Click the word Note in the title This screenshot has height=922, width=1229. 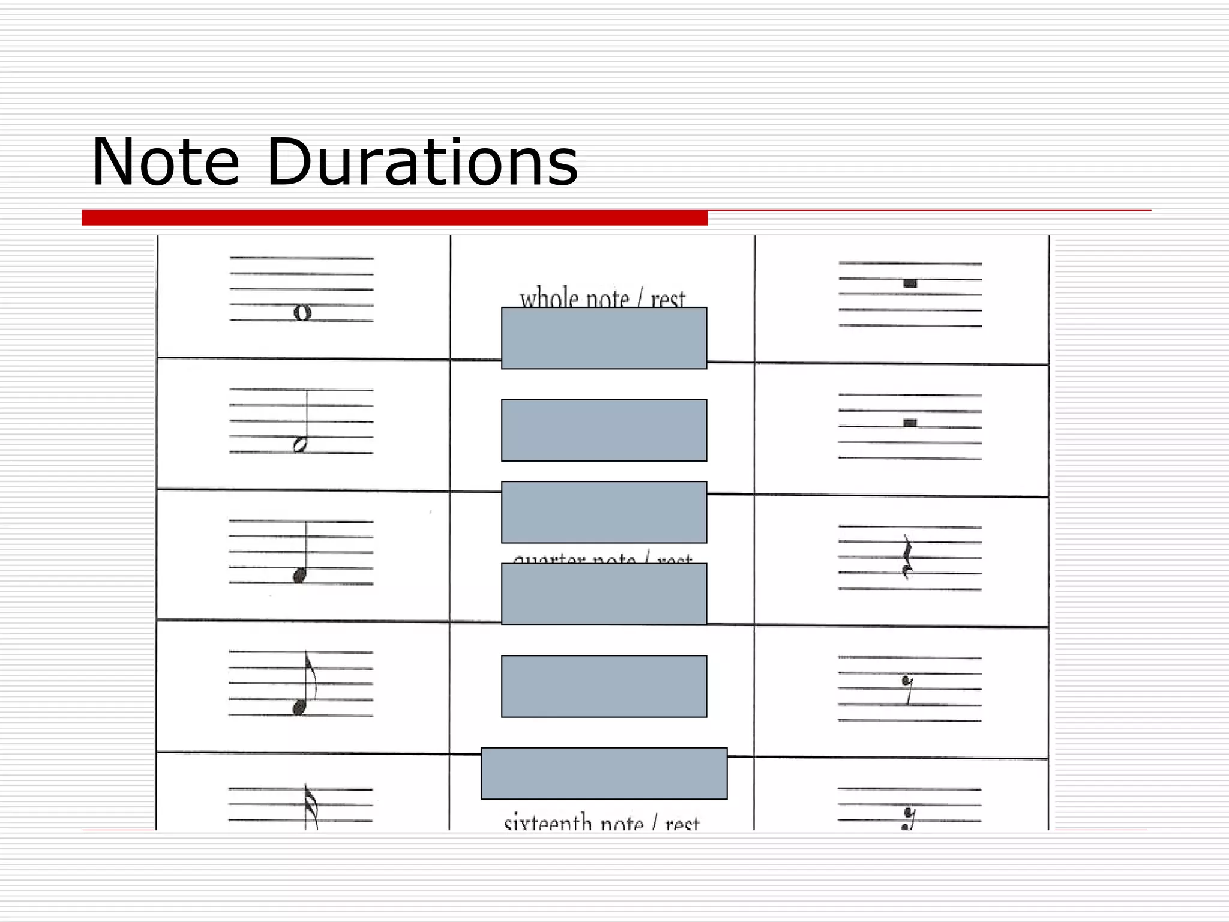coord(165,163)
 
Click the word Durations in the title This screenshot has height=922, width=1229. coord(422,163)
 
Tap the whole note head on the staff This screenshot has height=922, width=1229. coord(302,312)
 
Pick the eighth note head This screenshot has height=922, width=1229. coord(299,708)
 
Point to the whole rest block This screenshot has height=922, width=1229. coord(910,283)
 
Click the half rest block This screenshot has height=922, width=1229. coord(910,423)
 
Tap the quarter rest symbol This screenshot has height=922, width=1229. coord(907,558)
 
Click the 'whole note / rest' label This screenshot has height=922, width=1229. coord(602,298)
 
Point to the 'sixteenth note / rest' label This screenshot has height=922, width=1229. coord(601,821)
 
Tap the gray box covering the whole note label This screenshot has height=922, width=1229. coord(604,338)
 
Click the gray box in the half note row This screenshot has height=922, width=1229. coord(604,430)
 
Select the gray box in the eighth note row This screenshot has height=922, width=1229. coord(604,686)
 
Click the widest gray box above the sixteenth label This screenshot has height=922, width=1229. coord(604,773)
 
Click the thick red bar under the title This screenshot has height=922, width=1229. coord(394,218)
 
